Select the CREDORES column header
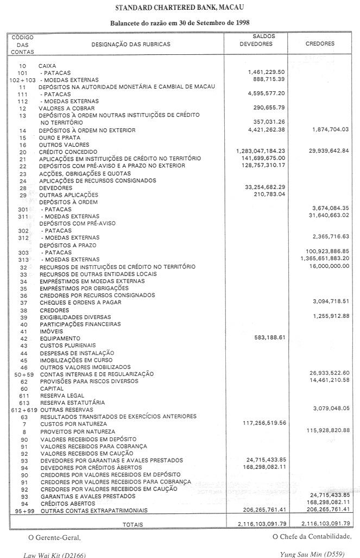320,44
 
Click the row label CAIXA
47,66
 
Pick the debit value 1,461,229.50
266,73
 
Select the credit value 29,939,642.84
329,151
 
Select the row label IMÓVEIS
51,331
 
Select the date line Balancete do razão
180,24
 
